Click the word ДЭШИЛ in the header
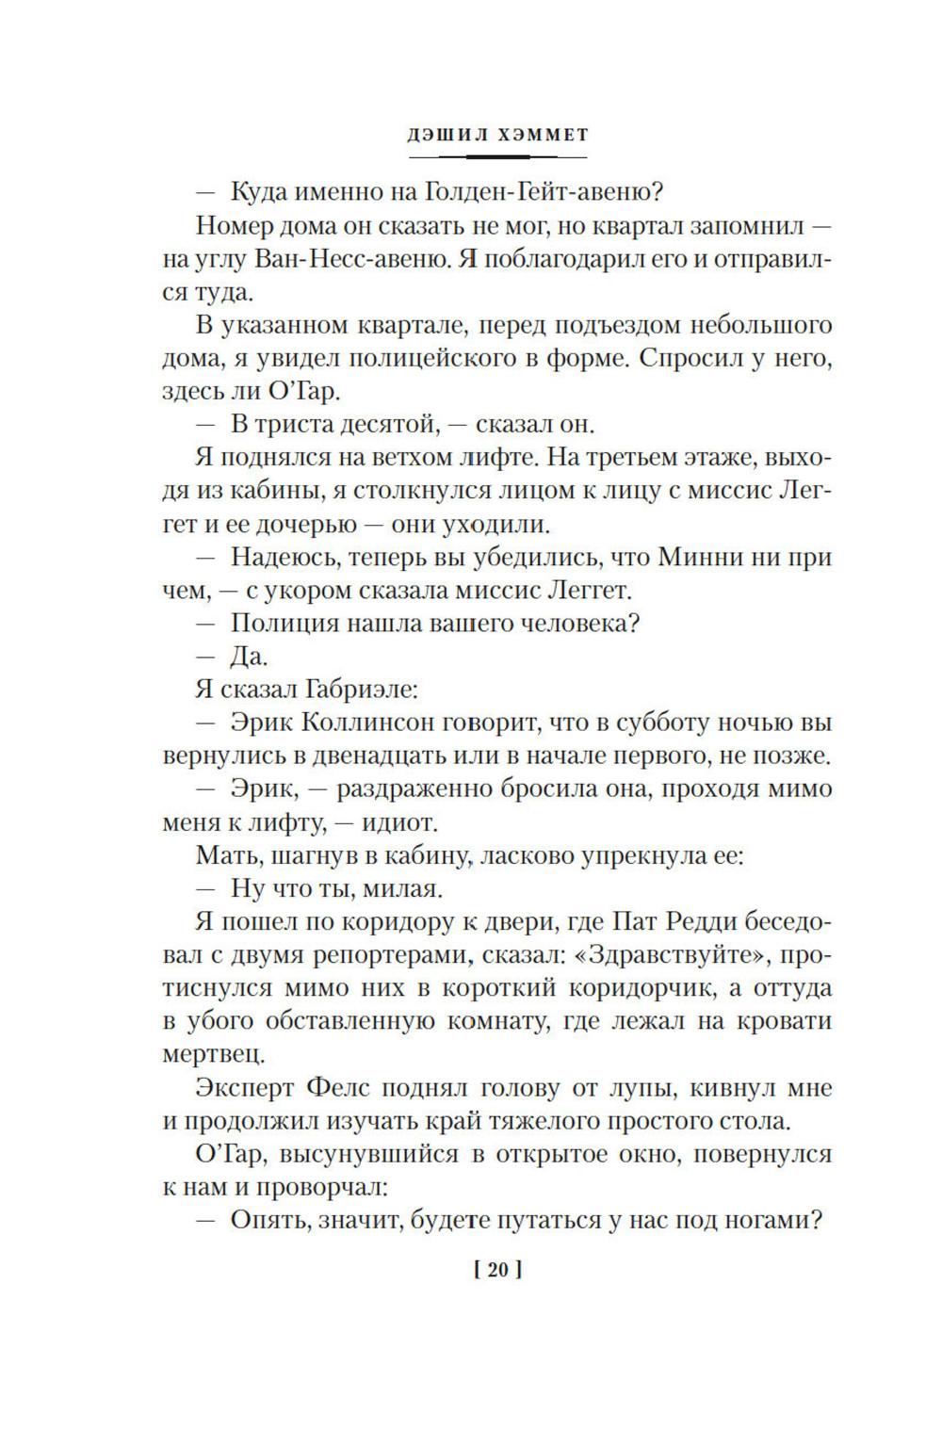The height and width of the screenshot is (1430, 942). (x=446, y=135)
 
